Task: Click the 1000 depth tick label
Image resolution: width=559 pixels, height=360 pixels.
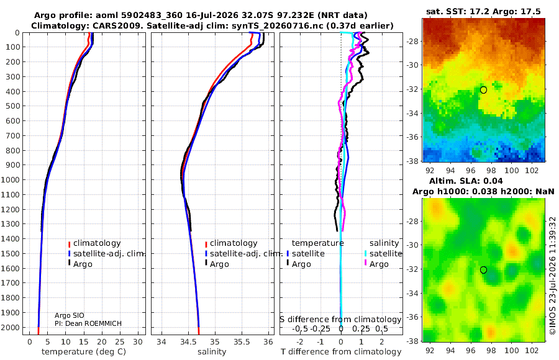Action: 12,179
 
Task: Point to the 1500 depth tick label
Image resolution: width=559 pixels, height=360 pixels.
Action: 12,253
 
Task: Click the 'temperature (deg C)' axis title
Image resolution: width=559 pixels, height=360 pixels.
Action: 84,352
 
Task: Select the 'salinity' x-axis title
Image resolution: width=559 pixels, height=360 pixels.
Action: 212,352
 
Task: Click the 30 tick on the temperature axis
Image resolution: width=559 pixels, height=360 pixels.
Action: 138,342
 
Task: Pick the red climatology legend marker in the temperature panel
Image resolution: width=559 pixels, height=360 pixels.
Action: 69,244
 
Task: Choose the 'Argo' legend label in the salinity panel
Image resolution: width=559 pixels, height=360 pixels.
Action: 219,264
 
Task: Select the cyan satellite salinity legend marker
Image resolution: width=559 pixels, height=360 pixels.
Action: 365,253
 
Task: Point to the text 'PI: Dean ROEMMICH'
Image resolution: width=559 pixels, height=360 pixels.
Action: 88,323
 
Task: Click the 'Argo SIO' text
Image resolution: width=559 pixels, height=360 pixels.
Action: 70,315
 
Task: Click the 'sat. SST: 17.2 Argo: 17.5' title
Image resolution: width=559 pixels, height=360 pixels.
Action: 483,11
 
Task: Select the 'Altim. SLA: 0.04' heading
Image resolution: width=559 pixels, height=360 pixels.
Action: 466,181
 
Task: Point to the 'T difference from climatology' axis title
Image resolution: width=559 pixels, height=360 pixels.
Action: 341,352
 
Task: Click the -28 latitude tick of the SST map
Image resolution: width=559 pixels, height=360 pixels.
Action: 412,42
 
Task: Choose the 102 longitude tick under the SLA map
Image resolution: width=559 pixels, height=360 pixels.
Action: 532,350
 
